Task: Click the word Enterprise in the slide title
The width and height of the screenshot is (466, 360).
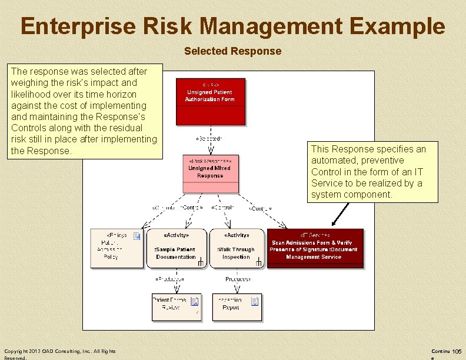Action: [76, 26]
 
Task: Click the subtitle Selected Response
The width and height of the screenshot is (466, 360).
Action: [232, 51]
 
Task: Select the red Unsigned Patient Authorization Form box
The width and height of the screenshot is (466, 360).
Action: [210, 101]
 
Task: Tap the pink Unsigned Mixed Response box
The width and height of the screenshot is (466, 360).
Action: [210, 174]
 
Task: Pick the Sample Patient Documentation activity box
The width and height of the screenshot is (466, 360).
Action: [176, 249]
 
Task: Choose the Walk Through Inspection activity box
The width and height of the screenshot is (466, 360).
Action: [236, 249]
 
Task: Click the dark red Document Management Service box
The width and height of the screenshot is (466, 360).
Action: [315, 249]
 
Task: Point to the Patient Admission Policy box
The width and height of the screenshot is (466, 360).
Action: [116, 249]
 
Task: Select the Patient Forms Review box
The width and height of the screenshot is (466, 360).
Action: [177, 306]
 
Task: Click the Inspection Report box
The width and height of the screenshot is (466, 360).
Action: [236, 306]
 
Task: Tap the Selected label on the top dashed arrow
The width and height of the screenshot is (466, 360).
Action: [209, 139]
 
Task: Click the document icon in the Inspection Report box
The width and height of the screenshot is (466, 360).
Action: [255, 302]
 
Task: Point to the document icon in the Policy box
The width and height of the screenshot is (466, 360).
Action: [137, 236]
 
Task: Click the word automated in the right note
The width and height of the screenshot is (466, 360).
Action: [336, 160]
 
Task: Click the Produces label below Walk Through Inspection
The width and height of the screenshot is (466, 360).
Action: [238, 279]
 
